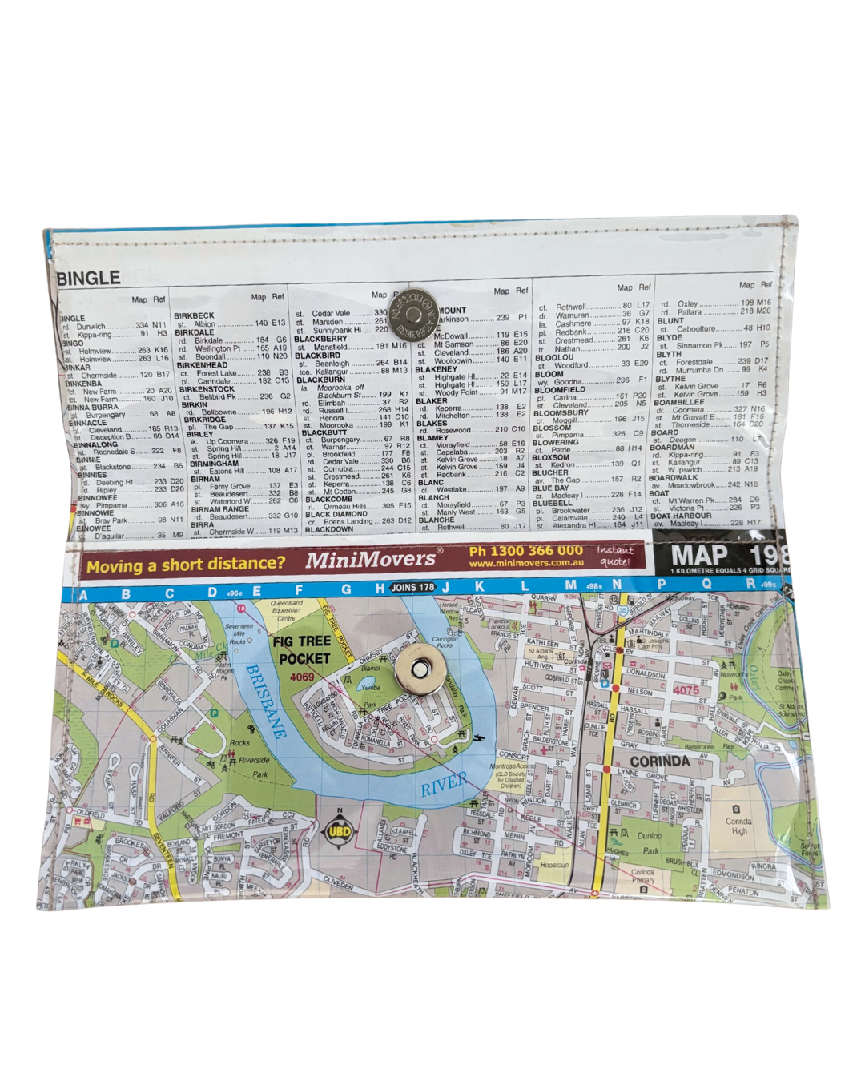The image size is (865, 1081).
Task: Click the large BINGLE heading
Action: [x=88, y=279]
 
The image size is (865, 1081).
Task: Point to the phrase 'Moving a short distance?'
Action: [x=185, y=565]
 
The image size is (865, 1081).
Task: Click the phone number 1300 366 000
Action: [x=526, y=551]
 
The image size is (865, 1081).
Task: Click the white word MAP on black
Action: [x=698, y=555]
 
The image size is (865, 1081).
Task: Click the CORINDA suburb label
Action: [x=660, y=761]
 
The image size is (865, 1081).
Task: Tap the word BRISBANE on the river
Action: [x=266, y=701]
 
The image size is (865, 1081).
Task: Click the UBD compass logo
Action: [x=340, y=833]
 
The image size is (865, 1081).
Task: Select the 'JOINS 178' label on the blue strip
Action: [x=412, y=588]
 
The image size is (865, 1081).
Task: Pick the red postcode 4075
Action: [x=686, y=689]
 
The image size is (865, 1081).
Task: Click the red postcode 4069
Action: [x=301, y=677]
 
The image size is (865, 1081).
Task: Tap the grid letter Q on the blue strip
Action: [x=706, y=585]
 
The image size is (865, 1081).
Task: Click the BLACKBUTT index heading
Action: [x=324, y=432]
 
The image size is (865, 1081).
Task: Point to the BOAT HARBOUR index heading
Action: [x=681, y=516]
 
